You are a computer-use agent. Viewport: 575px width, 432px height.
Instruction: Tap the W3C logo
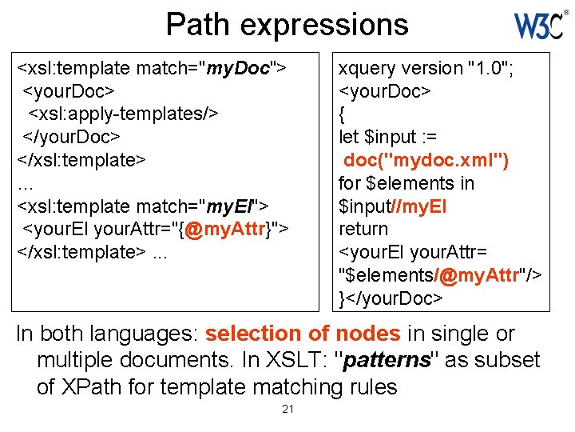click(x=541, y=26)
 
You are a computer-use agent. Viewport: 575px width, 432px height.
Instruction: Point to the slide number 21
click(x=287, y=410)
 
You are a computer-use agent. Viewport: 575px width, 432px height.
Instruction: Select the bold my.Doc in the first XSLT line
click(x=238, y=68)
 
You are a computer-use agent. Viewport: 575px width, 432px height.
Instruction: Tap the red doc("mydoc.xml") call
click(x=426, y=160)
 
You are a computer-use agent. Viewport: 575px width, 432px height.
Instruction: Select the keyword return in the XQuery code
click(x=363, y=230)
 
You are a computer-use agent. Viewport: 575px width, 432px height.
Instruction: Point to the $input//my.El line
click(x=393, y=206)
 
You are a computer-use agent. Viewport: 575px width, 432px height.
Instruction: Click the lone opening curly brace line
click(x=343, y=114)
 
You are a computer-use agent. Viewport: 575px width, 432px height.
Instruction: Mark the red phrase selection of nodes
click(x=303, y=334)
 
